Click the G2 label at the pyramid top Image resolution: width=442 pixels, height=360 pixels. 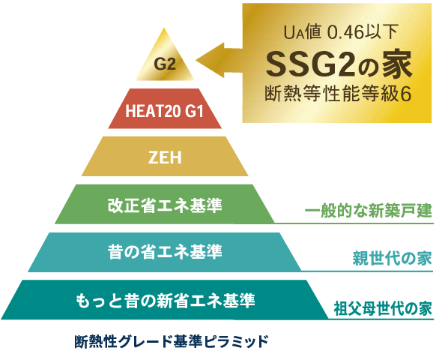click(165, 64)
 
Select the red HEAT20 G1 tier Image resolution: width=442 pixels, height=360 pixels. click(165, 109)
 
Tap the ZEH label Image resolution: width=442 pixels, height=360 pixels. click(165, 157)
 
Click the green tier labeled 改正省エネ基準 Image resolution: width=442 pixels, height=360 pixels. click(165, 204)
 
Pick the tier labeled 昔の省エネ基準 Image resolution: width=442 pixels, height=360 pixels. click(165, 252)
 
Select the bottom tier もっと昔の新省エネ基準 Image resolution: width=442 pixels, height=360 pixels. click(165, 300)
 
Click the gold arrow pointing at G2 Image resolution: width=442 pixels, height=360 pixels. click(220, 60)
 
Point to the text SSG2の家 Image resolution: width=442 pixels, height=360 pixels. click(339, 65)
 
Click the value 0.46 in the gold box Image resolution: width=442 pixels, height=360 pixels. click(345, 33)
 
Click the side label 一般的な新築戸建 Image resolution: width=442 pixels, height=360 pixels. click(369, 211)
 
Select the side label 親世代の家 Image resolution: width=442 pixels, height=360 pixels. click(393, 258)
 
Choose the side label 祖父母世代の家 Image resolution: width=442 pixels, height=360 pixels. click(383, 308)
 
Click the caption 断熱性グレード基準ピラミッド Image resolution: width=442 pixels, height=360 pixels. click(172, 341)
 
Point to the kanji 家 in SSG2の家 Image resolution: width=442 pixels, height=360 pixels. click(398, 65)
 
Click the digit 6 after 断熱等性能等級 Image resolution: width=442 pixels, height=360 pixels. click(406, 94)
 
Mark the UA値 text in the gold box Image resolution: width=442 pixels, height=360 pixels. click(303, 32)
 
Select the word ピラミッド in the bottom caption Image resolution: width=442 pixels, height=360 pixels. click(236, 341)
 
